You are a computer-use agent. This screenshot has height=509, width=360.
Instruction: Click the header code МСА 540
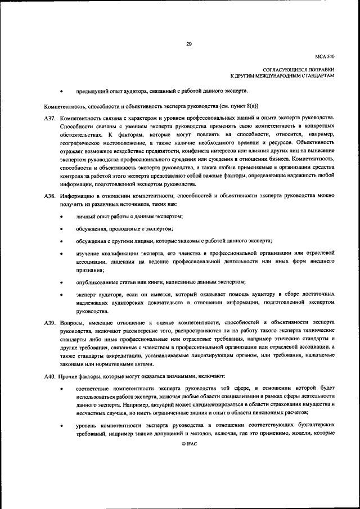[x=325, y=57]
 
